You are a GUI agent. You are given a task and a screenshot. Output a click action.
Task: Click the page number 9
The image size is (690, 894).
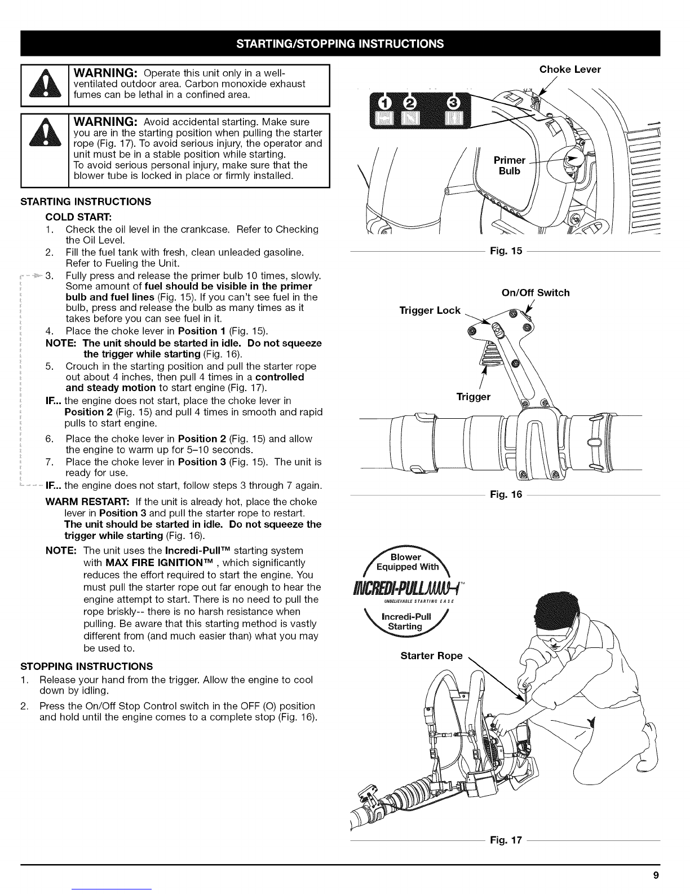656,876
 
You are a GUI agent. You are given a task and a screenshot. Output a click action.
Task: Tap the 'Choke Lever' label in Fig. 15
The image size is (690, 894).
570,69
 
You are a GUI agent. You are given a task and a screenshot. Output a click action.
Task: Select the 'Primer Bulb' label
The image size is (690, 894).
509,165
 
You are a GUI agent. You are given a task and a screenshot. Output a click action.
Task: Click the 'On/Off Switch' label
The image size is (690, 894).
536,292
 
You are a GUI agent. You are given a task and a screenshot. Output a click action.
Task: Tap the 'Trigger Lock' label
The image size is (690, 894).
430,310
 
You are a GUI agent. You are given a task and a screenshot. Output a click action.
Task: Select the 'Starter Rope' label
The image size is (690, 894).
431,655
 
